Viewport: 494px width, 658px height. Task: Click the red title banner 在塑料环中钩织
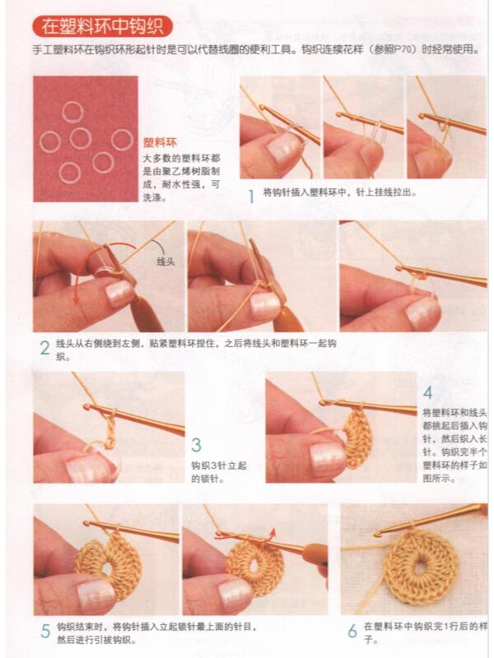pyautogui.click(x=103, y=27)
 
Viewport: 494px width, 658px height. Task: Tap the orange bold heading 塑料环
pyautogui.click(x=159, y=141)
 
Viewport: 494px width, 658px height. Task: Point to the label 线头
pyautogui.click(x=166, y=262)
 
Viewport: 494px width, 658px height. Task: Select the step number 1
pyautogui.click(x=250, y=196)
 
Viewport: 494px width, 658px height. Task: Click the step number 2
pyautogui.click(x=44, y=347)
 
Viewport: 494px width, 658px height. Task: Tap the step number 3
pyautogui.click(x=196, y=445)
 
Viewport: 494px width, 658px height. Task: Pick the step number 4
pyautogui.click(x=427, y=393)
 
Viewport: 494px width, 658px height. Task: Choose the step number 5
pyautogui.click(x=44, y=632)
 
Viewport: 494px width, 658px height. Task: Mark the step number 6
pyautogui.click(x=352, y=632)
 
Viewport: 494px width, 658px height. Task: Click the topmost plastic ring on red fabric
pyautogui.click(x=72, y=110)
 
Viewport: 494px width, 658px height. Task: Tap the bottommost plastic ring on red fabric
pyautogui.click(x=70, y=172)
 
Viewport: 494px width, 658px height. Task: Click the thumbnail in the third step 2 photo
pyautogui.click(x=422, y=311)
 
